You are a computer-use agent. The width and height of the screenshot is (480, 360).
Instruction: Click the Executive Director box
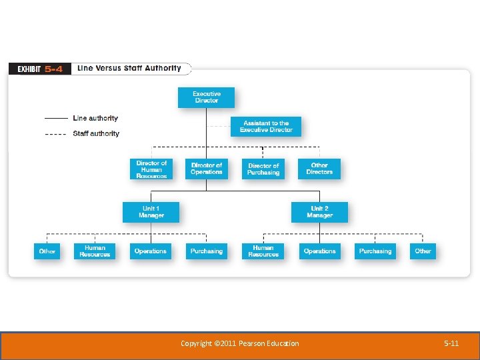207,97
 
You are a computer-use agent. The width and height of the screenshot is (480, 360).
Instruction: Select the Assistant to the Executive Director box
266,127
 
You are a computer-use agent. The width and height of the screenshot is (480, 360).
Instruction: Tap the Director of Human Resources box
151,169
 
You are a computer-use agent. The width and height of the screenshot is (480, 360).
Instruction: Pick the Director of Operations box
207,169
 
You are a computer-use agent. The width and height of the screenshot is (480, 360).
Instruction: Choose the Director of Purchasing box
263,169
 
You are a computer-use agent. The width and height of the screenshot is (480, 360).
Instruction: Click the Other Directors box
319,169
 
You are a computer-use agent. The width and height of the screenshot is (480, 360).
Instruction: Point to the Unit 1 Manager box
151,212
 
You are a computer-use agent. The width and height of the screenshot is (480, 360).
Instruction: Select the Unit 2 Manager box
319,212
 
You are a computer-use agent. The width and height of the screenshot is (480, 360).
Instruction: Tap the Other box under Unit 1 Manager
47,251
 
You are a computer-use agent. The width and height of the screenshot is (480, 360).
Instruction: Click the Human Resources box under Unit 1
95,251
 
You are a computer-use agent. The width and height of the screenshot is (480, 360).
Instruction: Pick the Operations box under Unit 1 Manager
151,251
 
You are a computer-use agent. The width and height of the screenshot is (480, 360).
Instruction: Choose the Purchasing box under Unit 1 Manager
207,251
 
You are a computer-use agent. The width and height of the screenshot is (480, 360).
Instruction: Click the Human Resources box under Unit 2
263,251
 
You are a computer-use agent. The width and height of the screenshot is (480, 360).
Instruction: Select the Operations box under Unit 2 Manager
319,251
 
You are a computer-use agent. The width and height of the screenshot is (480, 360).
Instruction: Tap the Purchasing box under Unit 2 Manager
375,251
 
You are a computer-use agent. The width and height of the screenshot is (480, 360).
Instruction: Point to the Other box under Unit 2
423,251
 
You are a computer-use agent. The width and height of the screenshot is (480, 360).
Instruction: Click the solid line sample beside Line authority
56,119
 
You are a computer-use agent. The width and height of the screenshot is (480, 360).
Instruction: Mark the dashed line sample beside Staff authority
56,134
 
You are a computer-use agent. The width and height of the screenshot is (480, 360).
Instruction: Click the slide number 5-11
451,343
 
